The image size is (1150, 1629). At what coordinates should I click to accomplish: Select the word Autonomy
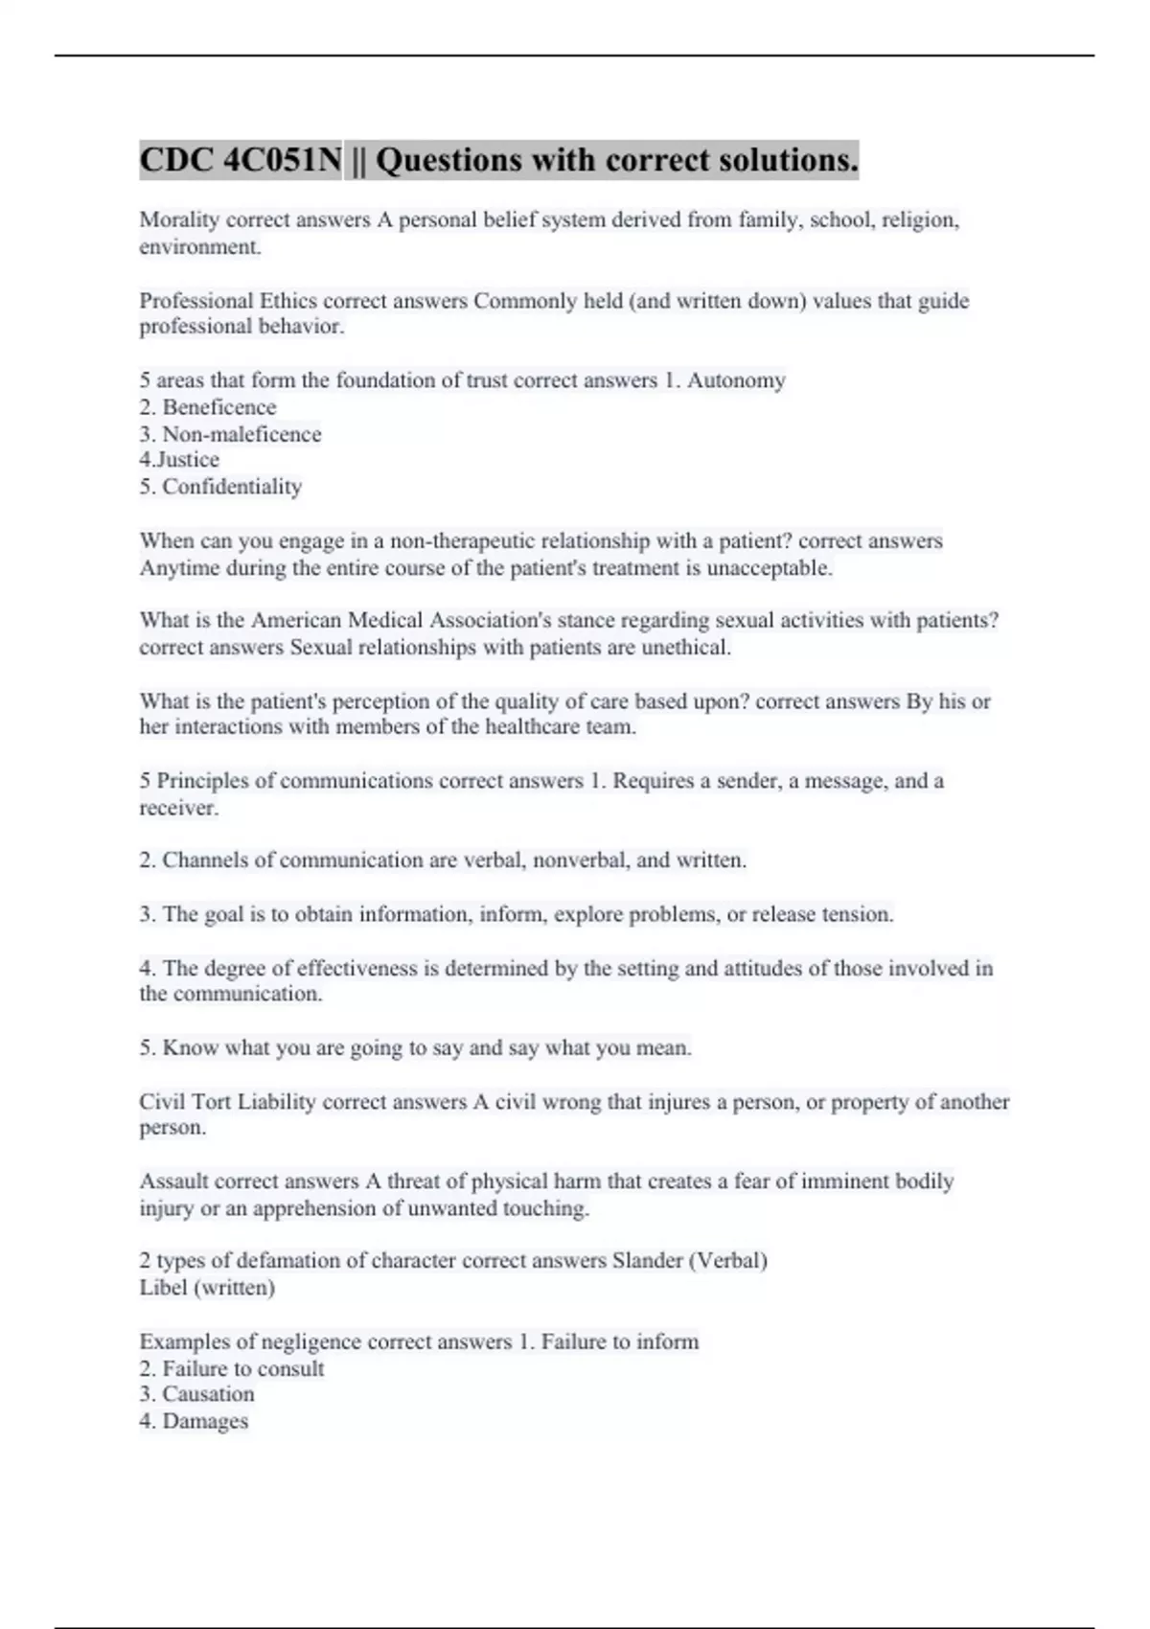(x=736, y=380)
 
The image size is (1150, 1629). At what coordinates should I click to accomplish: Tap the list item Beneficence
(x=218, y=407)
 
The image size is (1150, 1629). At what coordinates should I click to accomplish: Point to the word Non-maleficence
(x=241, y=434)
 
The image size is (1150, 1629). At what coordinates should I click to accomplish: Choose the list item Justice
(x=187, y=460)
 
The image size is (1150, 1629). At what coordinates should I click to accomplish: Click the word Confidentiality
(x=232, y=487)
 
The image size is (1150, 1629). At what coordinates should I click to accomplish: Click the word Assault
(x=173, y=1182)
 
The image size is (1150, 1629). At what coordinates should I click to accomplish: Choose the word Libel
(x=163, y=1288)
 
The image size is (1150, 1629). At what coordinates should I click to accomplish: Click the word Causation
(x=208, y=1394)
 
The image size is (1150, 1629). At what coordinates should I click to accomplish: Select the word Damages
(x=205, y=1421)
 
